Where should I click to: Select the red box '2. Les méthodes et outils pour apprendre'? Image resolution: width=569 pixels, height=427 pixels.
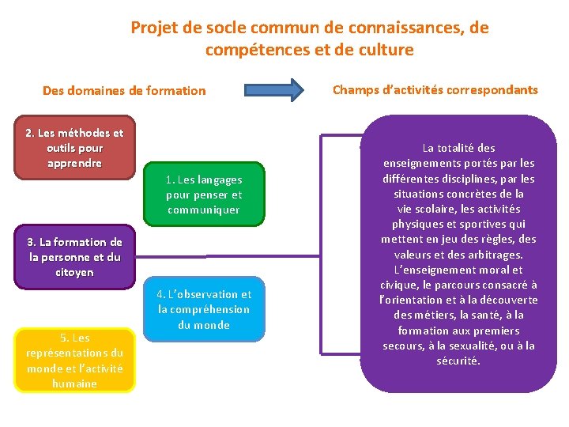pyautogui.click(x=74, y=148)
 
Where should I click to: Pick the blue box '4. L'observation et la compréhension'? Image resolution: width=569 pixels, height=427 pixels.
pyautogui.click(x=204, y=309)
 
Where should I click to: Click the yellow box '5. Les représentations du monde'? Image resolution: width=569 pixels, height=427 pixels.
pyautogui.click(x=74, y=361)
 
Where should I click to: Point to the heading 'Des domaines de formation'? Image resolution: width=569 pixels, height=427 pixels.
pyautogui.click(x=124, y=91)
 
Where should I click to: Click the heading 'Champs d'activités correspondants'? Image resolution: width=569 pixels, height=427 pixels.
pyautogui.click(x=435, y=89)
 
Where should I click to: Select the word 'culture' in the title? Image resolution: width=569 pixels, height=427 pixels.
pyautogui.click(x=386, y=50)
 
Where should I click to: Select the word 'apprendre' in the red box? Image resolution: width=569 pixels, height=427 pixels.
pyautogui.click(x=74, y=163)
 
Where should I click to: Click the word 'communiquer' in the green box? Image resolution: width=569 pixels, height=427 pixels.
pyautogui.click(x=204, y=210)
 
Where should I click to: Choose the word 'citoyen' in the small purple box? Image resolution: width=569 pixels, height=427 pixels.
pyautogui.click(x=74, y=272)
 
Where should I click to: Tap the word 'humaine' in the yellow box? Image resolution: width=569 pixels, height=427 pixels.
pyautogui.click(x=74, y=384)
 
